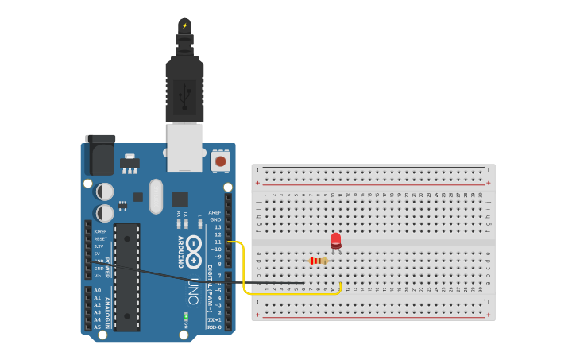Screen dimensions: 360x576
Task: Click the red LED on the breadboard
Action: click(336, 240)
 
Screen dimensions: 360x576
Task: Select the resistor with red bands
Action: click(319, 261)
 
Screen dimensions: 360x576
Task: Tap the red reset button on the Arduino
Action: click(220, 161)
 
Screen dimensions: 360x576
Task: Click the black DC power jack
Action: click(100, 155)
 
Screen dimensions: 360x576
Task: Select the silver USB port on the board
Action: click(184, 148)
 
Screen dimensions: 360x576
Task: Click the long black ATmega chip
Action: click(127, 277)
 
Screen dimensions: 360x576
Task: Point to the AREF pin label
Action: click(215, 212)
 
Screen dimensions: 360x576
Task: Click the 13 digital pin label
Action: click(218, 227)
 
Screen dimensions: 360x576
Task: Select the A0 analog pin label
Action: click(98, 290)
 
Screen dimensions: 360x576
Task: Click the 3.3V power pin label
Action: click(99, 246)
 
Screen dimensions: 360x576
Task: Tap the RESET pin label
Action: click(100, 238)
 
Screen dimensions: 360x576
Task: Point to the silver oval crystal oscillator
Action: click(155, 196)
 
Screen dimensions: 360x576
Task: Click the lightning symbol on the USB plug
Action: click(184, 25)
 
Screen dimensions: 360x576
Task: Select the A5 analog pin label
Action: click(98, 327)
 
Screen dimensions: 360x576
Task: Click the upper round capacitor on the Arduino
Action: click(105, 192)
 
